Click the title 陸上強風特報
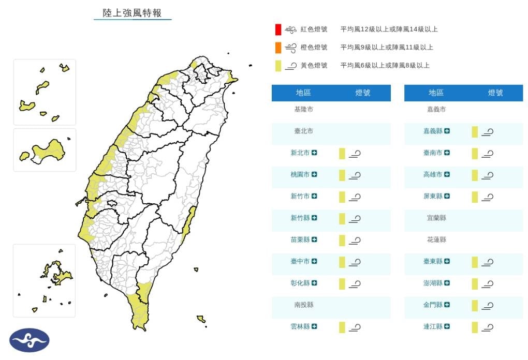pos(133,13)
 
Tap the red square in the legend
pos(278,29)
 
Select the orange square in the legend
pos(278,48)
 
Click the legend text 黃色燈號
pos(314,66)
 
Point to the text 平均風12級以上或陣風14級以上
pos(389,29)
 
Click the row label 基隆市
pos(303,110)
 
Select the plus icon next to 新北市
pos(314,153)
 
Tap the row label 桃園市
pos(300,175)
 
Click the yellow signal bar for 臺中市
pos(342,262)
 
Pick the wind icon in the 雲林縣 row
pos(355,327)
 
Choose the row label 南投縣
pos(303,305)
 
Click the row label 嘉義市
pos(436,110)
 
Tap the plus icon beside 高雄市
pos(447,175)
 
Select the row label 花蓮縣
pos(436,240)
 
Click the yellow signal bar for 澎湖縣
pos(474,283)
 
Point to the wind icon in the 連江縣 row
pos(487,327)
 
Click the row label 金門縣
pos(433,305)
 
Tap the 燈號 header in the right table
pos(495,93)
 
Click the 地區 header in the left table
pos(303,93)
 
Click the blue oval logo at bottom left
pos(30,340)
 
